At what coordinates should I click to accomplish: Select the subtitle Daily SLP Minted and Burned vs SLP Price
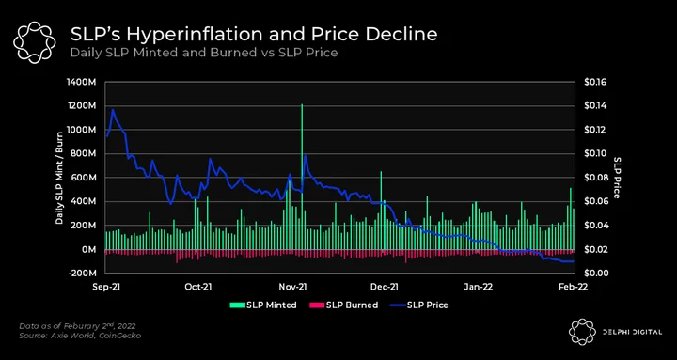(204, 54)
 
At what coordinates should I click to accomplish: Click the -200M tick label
(82, 274)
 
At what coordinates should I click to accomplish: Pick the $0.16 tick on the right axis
(595, 82)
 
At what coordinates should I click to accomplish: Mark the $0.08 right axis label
(595, 178)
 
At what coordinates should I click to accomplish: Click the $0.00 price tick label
(595, 274)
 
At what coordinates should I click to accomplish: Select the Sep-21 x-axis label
(106, 287)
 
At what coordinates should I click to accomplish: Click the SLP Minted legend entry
(263, 305)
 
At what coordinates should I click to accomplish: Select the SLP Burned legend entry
(344, 305)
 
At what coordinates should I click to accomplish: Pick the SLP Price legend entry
(418, 305)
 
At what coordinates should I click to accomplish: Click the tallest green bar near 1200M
(302, 177)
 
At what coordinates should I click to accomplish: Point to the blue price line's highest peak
(113, 110)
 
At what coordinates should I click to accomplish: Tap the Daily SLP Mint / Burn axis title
(59, 178)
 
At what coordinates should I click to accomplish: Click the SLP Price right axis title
(617, 178)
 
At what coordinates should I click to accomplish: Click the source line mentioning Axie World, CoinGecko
(80, 335)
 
